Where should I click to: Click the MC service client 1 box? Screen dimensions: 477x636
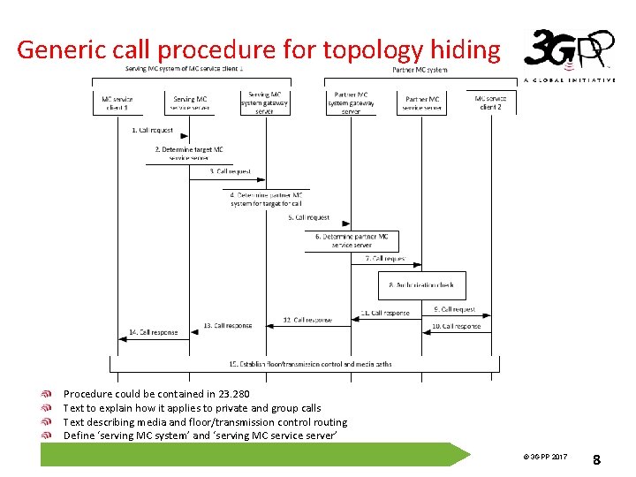point(117,102)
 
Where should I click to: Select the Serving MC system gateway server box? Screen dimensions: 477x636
point(264,102)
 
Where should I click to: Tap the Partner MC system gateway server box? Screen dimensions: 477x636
point(351,102)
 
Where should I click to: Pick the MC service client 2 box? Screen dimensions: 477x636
point(491,102)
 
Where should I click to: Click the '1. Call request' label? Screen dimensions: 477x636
point(153,131)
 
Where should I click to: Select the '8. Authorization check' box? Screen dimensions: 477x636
point(422,285)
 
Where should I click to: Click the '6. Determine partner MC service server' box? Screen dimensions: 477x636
point(352,240)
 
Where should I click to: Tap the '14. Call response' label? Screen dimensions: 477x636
point(154,332)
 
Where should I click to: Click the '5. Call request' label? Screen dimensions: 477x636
point(308,217)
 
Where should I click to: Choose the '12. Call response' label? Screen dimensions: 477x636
point(307,320)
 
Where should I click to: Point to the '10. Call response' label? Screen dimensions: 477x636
point(456,326)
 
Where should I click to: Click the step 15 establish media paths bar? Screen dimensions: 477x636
point(304,364)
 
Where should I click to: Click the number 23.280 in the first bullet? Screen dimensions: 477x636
point(231,394)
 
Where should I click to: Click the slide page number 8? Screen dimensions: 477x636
point(596,458)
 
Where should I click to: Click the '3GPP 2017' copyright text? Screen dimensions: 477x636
point(544,457)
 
